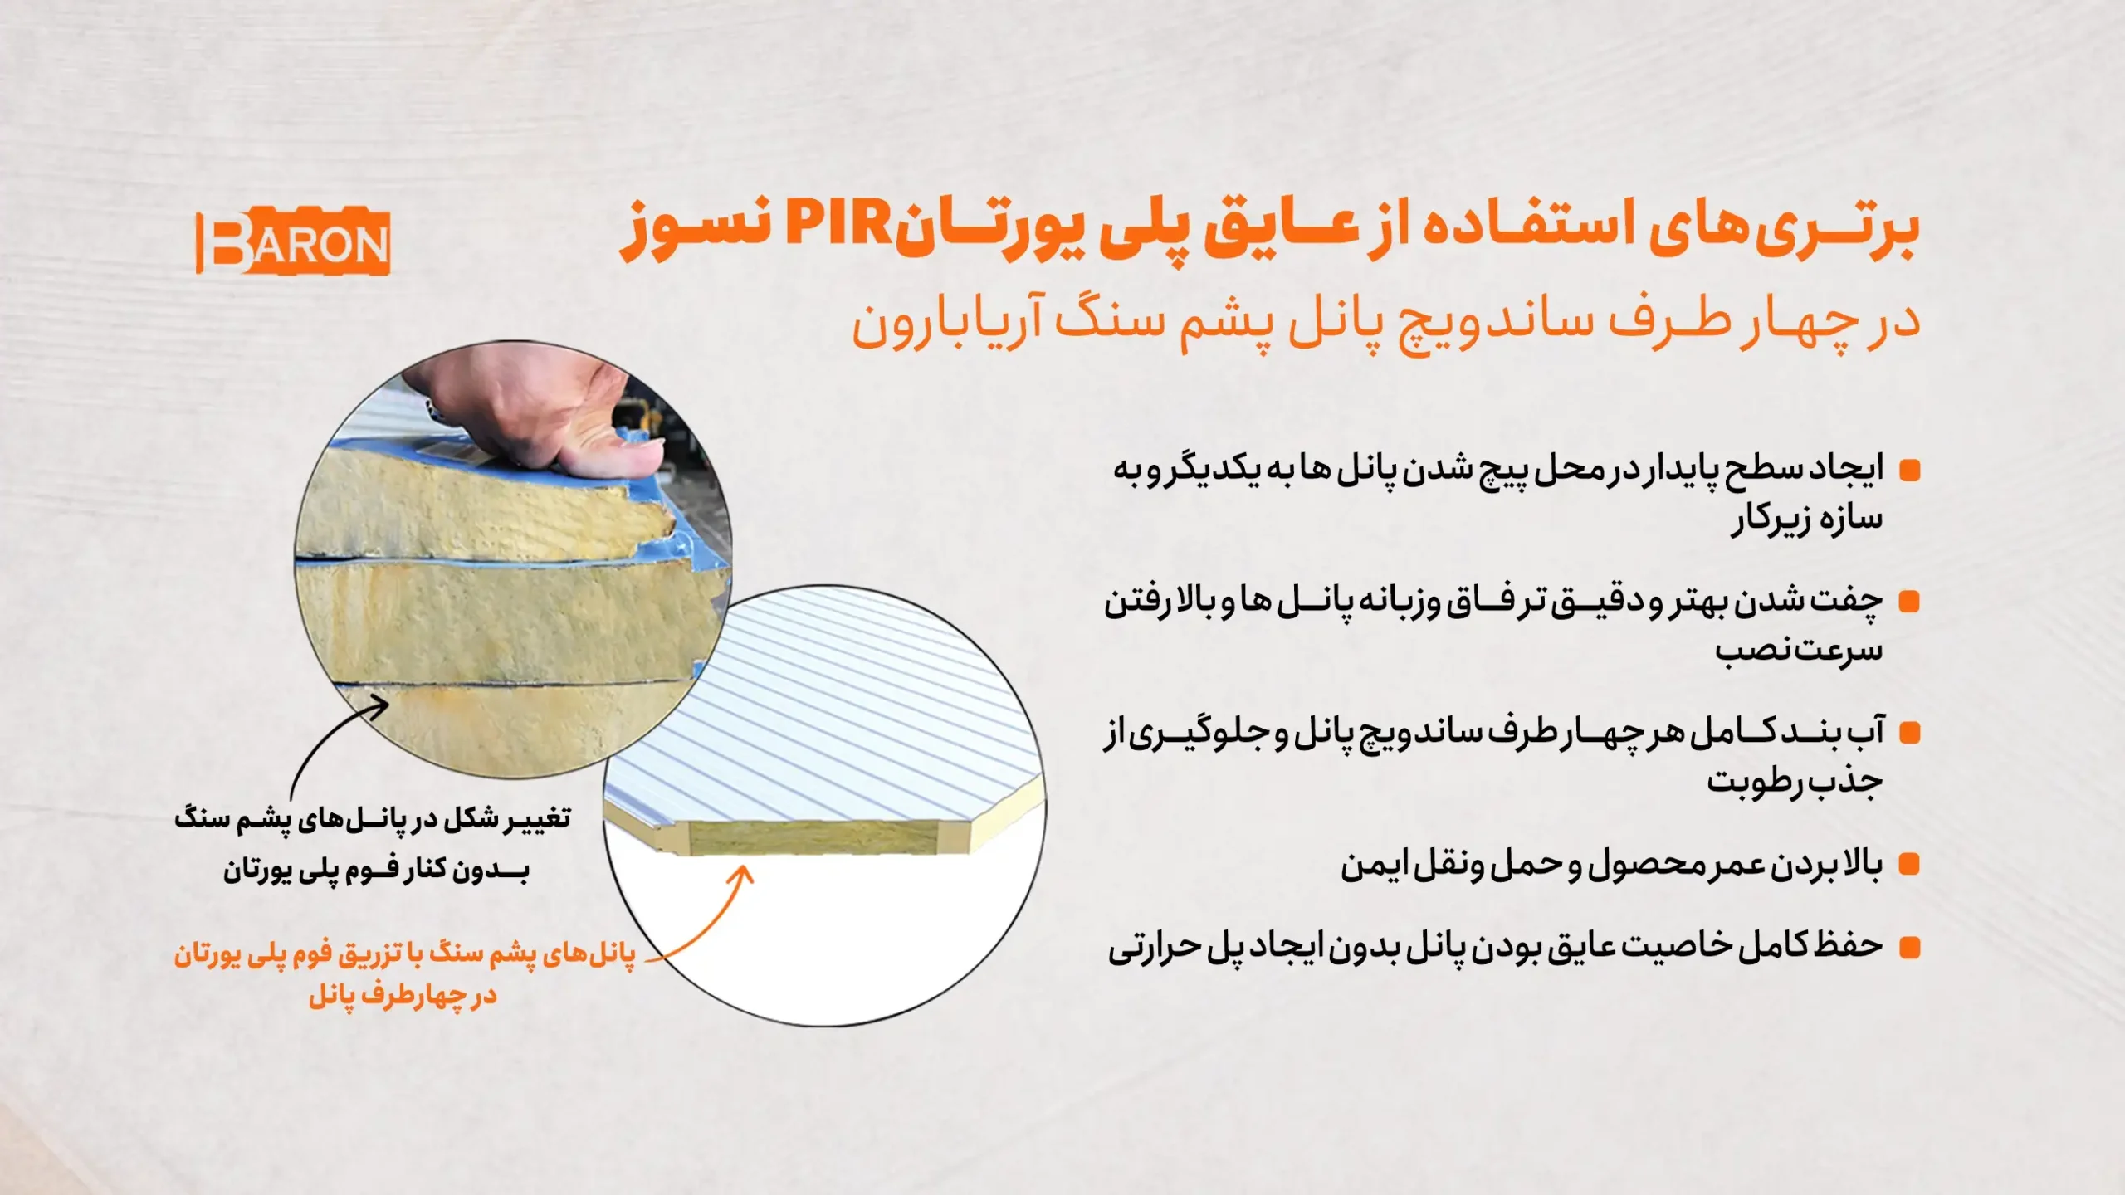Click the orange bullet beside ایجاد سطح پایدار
click(x=1910, y=471)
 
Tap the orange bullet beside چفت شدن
click(x=1910, y=602)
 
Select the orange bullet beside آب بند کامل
click(x=1910, y=734)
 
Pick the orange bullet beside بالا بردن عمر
click(x=1910, y=866)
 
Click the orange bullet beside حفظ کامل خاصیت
click(x=1910, y=948)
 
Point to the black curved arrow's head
click(x=380, y=705)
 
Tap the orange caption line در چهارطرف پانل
click(x=403, y=996)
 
